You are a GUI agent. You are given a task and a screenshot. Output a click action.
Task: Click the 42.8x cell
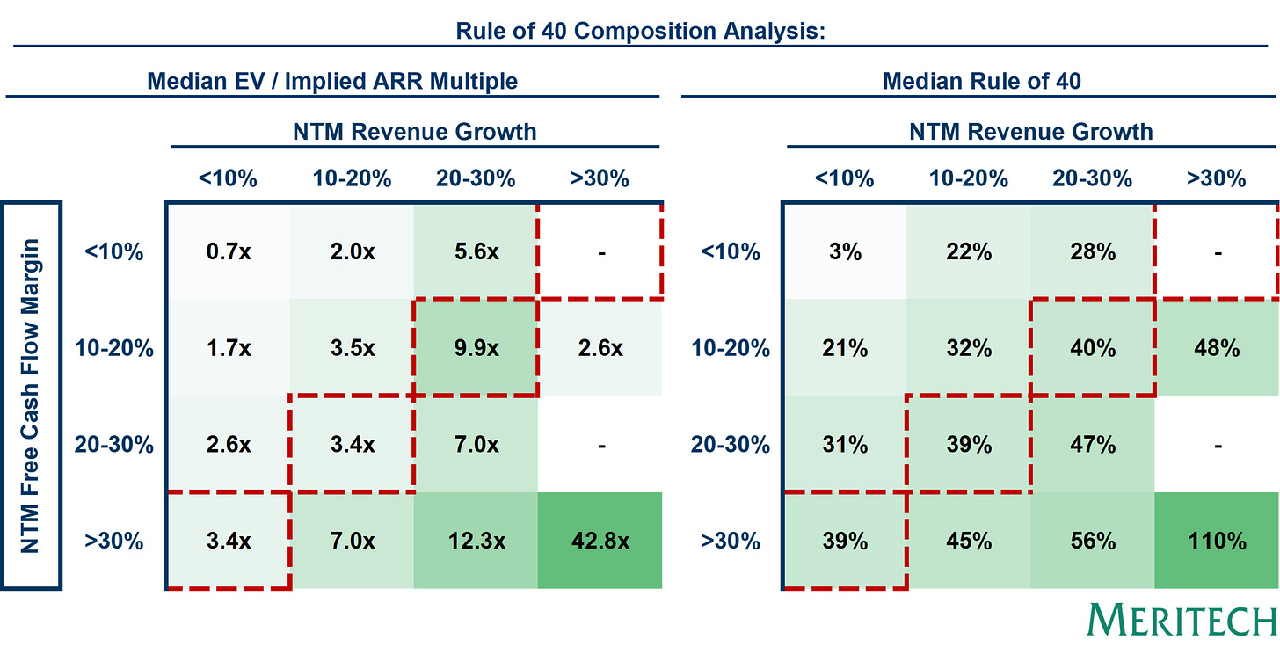pos(599,542)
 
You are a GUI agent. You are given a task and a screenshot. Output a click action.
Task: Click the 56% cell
pos(1092,542)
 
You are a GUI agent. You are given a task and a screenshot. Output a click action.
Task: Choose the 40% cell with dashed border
pos(1092,348)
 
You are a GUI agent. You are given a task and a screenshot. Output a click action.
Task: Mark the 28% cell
pos(1092,252)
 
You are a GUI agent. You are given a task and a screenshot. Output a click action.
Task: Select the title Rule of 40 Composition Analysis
pos(639,33)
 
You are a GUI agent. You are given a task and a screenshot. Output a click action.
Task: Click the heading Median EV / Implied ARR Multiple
pos(332,82)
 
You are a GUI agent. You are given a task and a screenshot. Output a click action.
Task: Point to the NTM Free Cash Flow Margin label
pos(32,396)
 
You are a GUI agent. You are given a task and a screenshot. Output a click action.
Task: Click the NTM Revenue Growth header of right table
pos(1030,132)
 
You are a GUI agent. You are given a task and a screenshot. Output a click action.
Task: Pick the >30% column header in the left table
pos(599,178)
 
